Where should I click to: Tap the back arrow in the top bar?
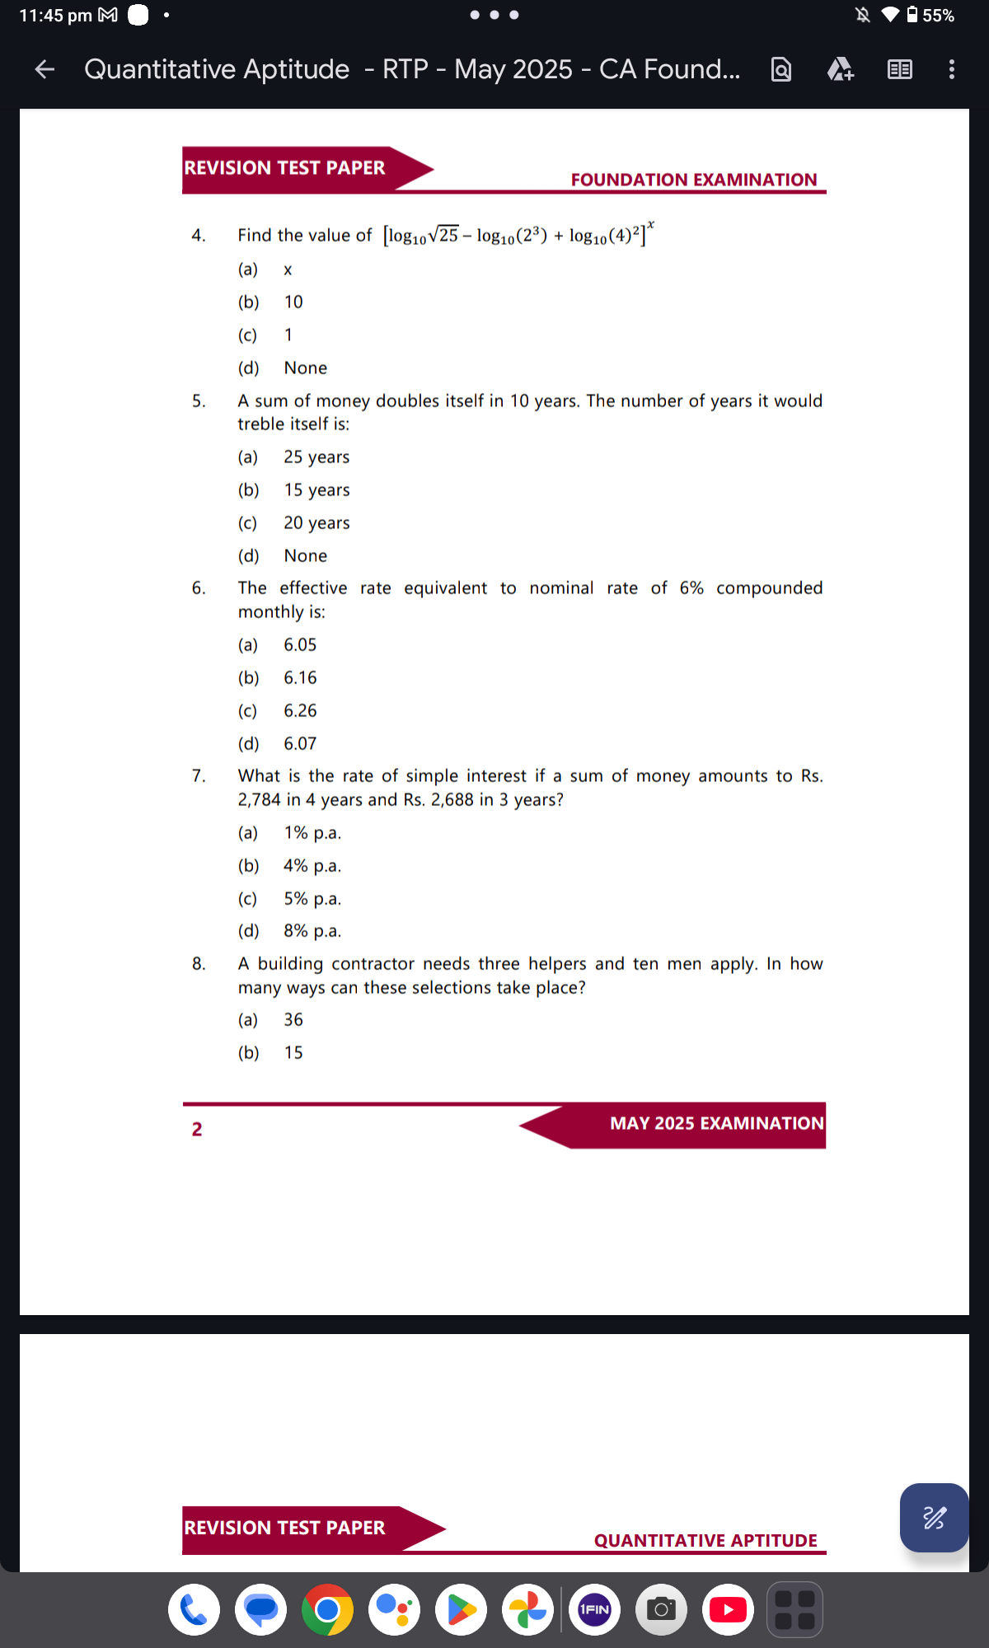click(45, 70)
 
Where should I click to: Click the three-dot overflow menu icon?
click(952, 69)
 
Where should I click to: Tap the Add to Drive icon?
click(840, 69)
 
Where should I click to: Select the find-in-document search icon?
click(780, 69)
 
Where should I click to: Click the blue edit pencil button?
click(934, 1517)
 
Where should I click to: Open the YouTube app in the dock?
click(728, 1609)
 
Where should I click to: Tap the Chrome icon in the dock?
click(327, 1609)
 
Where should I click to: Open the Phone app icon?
click(194, 1609)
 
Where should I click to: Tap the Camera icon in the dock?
click(661, 1609)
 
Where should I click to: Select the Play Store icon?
click(461, 1609)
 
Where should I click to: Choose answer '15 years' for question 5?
click(316, 490)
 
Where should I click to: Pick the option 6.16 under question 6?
click(300, 678)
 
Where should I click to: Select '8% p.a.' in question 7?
click(312, 931)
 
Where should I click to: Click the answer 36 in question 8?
click(293, 1020)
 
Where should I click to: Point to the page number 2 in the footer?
click(197, 1129)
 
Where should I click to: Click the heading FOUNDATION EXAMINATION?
click(694, 180)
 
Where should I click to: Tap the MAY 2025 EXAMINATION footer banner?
click(715, 1124)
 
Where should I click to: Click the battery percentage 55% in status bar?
click(938, 16)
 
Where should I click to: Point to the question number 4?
click(199, 236)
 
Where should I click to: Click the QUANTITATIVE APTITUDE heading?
click(705, 1540)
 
